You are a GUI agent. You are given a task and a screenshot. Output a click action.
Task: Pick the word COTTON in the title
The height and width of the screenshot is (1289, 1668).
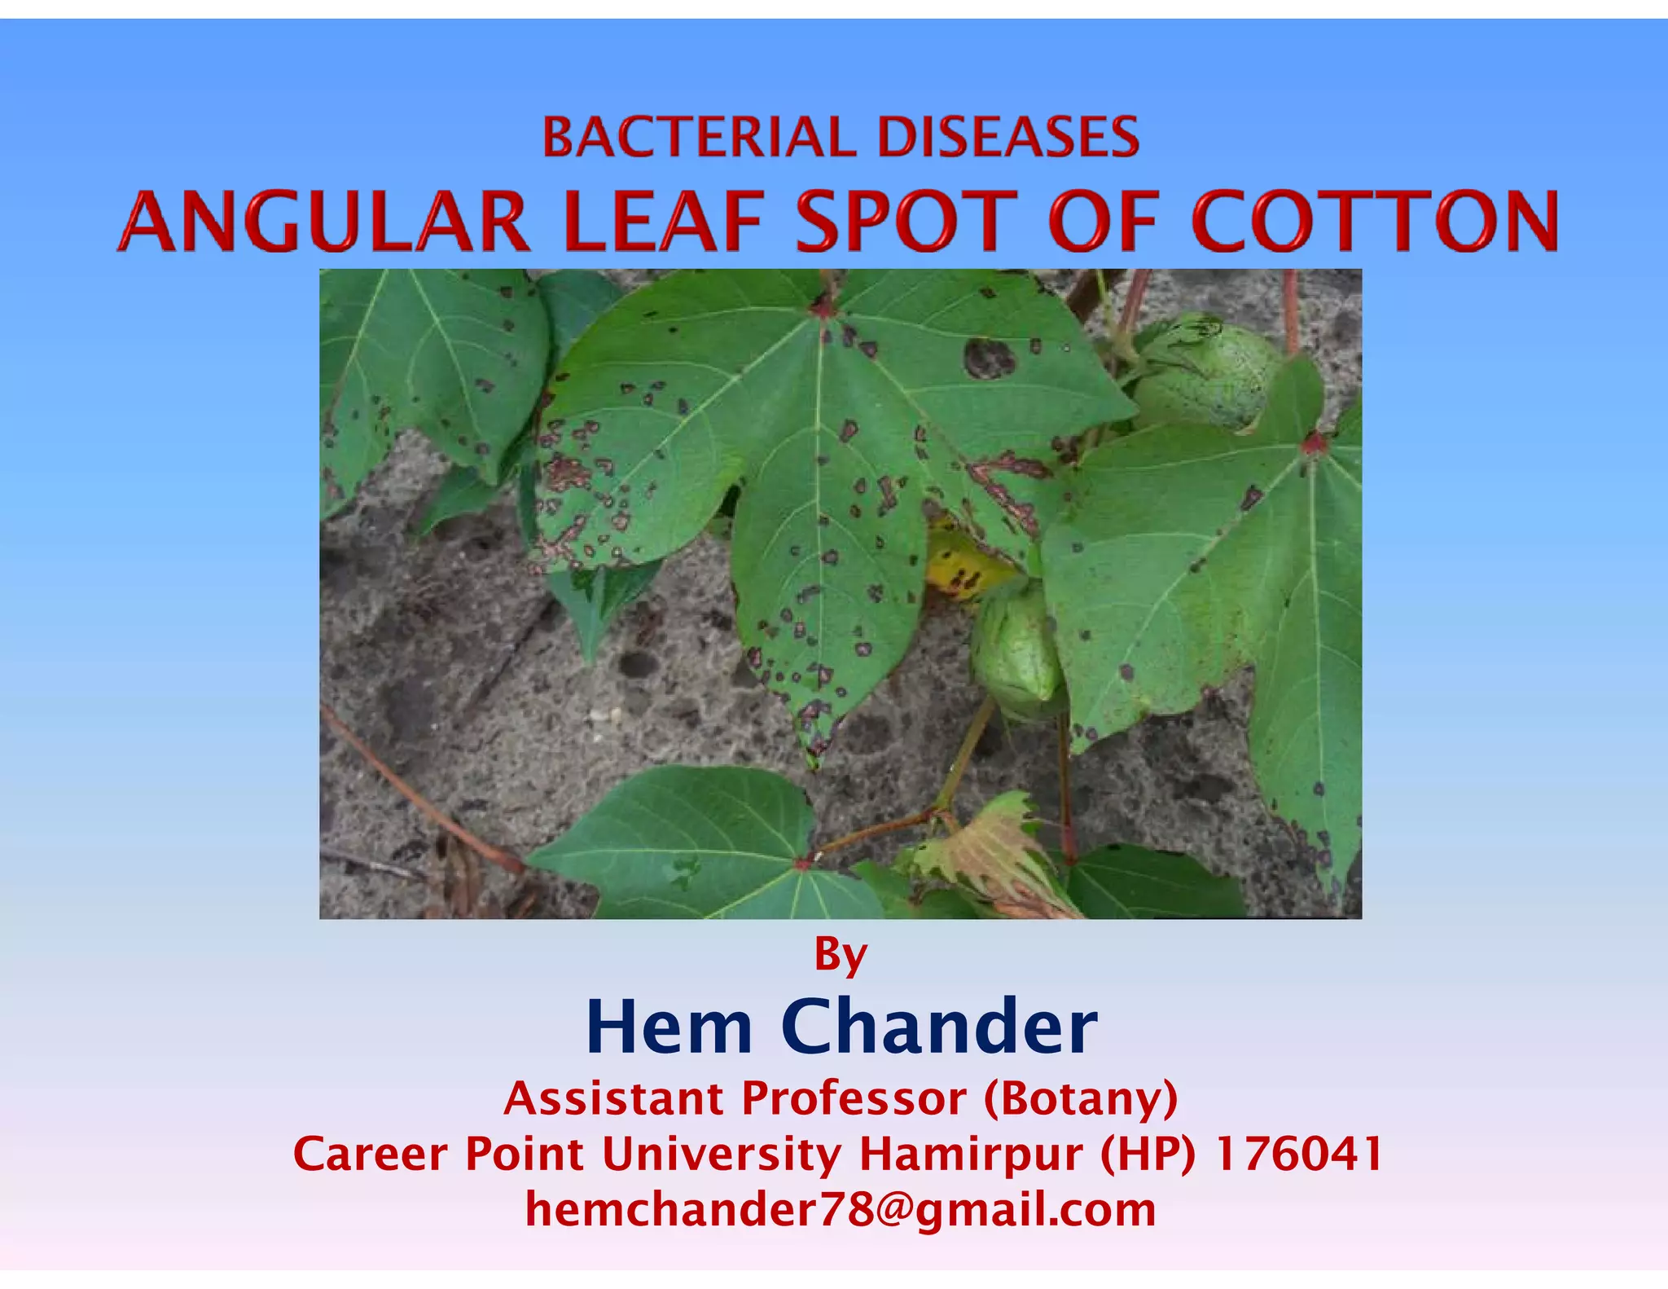point(1375,222)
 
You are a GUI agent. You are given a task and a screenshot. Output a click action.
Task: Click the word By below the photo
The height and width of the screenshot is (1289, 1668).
point(841,954)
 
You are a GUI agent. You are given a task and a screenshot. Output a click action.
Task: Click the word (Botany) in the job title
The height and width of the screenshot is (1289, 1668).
point(1081,1099)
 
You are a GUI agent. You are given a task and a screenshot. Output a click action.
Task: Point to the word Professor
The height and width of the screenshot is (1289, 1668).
point(854,1099)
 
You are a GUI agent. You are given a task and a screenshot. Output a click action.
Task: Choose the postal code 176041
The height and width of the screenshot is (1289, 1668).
point(1299,1155)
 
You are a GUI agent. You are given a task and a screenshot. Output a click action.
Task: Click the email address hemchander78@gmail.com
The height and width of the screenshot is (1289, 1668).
point(841,1210)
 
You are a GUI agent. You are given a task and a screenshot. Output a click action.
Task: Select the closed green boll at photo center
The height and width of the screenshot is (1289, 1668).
point(1016,652)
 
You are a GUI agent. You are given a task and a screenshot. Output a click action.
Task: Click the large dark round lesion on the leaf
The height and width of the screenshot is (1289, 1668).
point(989,359)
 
